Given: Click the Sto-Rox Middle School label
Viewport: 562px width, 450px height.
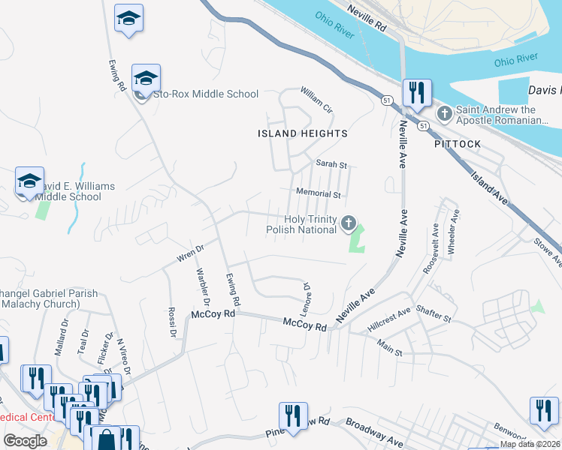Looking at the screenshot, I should pyautogui.click(x=205, y=94).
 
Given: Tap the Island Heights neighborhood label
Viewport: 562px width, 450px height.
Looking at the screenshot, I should pyautogui.click(x=303, y=133).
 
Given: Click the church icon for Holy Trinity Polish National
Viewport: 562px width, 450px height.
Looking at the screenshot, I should pyautogui.click(x=349, y=223).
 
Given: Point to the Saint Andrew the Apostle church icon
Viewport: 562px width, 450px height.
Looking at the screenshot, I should pyautogui.click(x=445, y=114).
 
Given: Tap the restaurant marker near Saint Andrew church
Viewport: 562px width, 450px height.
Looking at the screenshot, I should pyautogui.click(x=416, y=93).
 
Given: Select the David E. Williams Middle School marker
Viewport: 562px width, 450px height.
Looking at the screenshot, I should pyautogui.click(x=29, y=181).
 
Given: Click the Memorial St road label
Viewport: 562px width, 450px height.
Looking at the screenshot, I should pyautogui.click(x=319, y=193).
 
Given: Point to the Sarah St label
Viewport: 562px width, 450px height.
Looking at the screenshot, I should pyautogui.click(x=331, y=163).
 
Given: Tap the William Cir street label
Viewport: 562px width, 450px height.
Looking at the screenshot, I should pyautogui.click(x=316, y=99).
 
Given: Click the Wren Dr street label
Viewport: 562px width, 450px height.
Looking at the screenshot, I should pyautogui.click(x=190, y=253).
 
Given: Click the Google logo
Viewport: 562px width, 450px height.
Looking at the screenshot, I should pyautogui.click(x=26, y=440).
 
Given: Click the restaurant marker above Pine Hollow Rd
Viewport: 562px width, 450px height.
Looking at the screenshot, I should pyautogui.click(x=293, y=416).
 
